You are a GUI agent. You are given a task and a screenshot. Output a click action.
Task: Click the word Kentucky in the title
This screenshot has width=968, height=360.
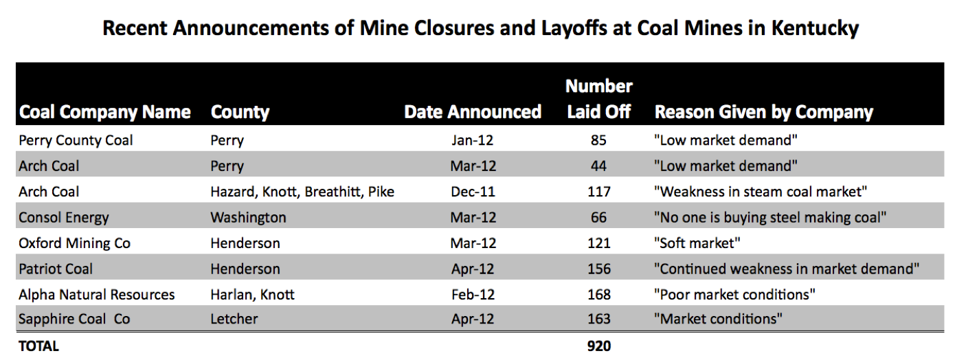coord(815,29)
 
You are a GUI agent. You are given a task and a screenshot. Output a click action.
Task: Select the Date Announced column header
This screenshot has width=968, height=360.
coord(473,112)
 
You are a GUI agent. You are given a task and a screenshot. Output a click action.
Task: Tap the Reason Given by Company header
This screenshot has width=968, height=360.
coord(763,112)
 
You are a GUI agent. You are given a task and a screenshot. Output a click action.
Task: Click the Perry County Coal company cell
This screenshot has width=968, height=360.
coord(76,140)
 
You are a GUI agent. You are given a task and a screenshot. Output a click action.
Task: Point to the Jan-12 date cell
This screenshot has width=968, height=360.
coord(473,140)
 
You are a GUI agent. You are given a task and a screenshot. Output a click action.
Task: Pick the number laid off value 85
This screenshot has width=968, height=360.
coord(598,140)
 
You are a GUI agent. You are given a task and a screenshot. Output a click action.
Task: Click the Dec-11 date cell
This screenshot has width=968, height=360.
coord(473,192)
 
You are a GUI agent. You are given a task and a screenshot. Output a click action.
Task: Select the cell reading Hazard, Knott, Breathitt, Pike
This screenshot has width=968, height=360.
coord(302,192)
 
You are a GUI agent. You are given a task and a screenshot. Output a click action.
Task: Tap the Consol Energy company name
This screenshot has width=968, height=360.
coord(63,217)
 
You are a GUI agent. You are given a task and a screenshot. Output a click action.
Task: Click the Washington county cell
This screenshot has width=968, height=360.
coord(248,217)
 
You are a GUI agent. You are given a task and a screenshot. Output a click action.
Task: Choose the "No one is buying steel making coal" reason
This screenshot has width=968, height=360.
coord(770,217)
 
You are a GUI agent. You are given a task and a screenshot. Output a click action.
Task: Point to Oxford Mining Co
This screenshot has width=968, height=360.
coord(74,243)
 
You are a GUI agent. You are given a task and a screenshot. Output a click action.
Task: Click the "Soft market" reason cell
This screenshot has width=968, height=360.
coord(697,243)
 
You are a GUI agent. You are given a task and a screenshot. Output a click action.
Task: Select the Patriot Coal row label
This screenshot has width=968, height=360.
coord(56,269)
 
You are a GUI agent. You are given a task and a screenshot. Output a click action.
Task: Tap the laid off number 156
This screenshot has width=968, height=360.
coord(599,269)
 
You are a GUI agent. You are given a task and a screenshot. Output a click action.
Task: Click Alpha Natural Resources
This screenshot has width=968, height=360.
coord(96,294)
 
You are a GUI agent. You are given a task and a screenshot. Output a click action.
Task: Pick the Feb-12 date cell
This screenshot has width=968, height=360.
coord(473,294)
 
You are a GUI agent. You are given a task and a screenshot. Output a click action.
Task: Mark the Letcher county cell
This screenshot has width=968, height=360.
coord(234,319)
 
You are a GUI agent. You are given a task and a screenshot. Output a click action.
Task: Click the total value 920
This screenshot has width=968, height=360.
coord(599,346)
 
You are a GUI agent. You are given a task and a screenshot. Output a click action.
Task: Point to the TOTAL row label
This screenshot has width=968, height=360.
coord(38,346)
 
